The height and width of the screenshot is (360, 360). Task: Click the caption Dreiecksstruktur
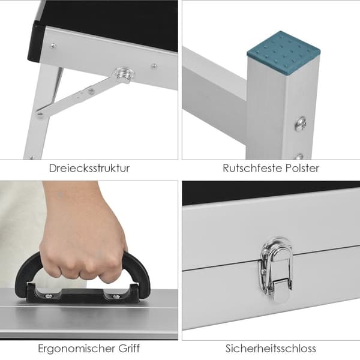(x=89, y=168)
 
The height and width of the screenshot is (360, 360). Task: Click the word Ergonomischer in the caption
(x=77, y=349)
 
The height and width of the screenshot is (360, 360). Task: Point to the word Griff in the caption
(x=129, y=348)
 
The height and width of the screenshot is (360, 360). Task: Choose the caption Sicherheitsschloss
(x=271, y=348)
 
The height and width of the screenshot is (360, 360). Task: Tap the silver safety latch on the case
(x=276, y=269)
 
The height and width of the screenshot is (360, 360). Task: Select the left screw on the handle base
(x=49, y=296)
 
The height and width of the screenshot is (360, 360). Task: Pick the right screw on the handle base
(x=116, y=296)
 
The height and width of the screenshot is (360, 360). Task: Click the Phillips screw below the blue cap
(x=301, y=124)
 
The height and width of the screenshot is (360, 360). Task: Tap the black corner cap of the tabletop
(x=36, y=42)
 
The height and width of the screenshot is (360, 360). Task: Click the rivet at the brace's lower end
(x=40, y=113)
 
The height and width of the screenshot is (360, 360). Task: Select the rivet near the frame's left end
(x=53, y=46)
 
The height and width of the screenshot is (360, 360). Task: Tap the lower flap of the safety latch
(x=280, y=290)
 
